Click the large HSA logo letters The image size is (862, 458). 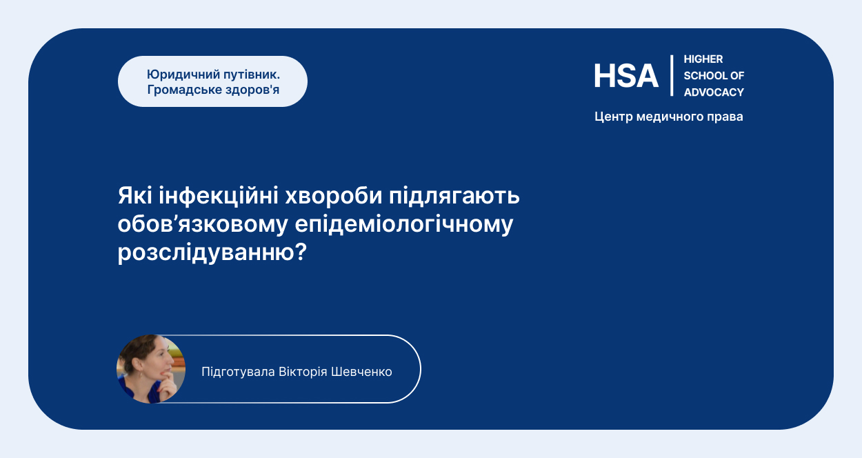(626, 76)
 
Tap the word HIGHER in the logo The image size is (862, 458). (703, 59)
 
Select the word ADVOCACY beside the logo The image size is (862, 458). (714, 92)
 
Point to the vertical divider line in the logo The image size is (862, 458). (672, 75)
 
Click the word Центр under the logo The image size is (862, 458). (614, 117)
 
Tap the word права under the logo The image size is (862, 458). (725, 117)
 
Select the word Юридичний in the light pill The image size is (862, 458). (183, 74)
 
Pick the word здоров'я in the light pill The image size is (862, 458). (252, 90)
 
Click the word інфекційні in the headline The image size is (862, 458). (219, 197)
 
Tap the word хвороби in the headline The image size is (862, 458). (333, 195)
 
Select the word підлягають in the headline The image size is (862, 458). (454, 197)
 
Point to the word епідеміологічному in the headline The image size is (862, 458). (404, 225)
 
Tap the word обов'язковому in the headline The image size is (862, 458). (203, 224)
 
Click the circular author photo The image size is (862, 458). (151, 369)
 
